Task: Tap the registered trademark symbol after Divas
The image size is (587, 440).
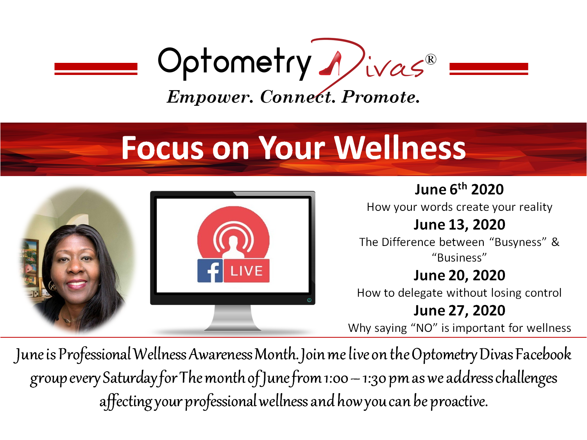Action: click(431, 59)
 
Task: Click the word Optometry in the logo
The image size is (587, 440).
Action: click(234, 63)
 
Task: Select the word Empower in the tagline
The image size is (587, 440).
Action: click(209, 97)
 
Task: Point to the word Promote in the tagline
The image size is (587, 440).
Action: click(380, 97)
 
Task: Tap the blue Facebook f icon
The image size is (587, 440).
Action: click(210, 271)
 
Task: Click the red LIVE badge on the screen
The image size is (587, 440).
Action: click(246, 271)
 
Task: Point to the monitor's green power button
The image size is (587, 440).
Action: click(309, 300)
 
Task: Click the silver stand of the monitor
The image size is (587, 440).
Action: click(233, 318)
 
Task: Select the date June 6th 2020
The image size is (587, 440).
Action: click(459, 189)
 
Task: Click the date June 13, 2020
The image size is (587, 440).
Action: click(459, 224)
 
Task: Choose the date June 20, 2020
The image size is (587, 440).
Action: click(459, 275)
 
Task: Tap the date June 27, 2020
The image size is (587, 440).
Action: click(459, 310)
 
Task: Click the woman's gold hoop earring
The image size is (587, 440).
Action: click(52, 286)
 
